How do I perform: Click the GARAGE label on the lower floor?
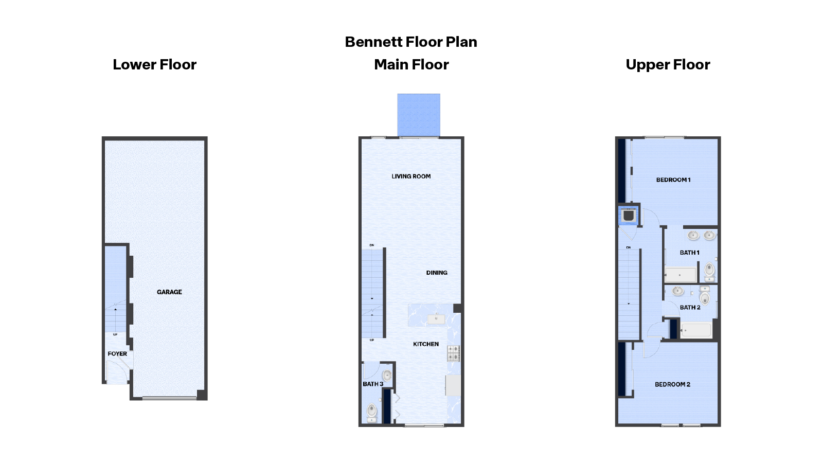169,292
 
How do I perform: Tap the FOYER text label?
117,354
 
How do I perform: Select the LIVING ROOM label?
411,176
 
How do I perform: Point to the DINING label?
437,273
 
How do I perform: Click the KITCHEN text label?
426,344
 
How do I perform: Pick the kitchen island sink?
436,319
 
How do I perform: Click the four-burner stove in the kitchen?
453,353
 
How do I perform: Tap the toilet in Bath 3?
372,411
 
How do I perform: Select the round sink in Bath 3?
387,375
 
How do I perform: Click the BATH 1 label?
689,253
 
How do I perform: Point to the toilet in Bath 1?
709,270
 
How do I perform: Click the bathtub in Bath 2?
696,330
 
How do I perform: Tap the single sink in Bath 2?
678,291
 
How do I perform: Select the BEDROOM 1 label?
673,180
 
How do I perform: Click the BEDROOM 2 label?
672,384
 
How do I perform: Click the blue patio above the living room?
419,115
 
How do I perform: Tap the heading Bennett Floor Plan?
411,42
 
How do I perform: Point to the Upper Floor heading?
668,65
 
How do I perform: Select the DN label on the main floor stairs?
372,245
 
